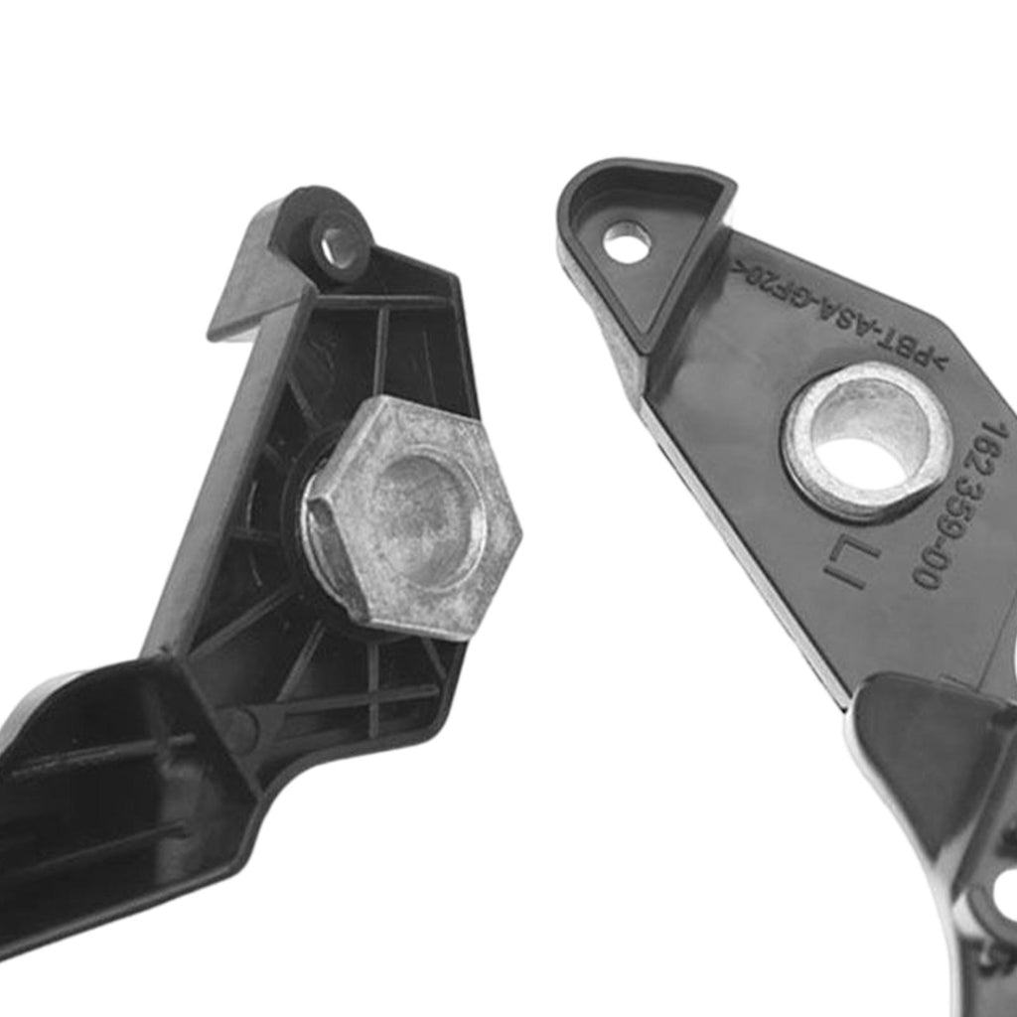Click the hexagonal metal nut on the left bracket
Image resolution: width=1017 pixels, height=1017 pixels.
(x=412, y=516)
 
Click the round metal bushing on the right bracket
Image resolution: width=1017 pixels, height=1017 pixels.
(x=866, y=442)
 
